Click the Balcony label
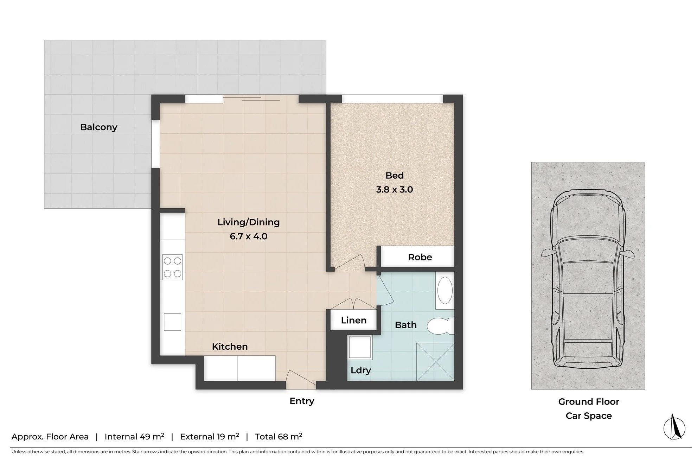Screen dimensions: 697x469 click(x=98, y=127)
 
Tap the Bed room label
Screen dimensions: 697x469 click(x=394, y=175)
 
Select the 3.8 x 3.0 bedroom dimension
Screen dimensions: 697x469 click(x=394, y=190)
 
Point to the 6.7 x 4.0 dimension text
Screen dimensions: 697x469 click(x=248, y=236)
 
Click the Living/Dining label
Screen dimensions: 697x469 click(x=248, y=222)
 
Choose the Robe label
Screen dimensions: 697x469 click(x=420, y=257)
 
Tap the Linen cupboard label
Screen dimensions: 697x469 click(x=353, y=320)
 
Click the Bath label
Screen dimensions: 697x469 click(x=405, y=325)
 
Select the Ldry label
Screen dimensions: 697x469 click(x=361, y=370)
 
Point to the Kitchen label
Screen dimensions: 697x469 click(x=230, y=347)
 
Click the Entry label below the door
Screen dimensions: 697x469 click(x=302, y=401)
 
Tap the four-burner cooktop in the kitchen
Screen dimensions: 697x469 click(x=172, y=267)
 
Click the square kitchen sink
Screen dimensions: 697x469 click(x=172, y=322)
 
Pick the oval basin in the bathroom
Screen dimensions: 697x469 click(x=445, y=291)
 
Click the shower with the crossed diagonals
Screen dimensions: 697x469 click(x=435, y=362)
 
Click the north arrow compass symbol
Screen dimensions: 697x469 click(x=674, y=427)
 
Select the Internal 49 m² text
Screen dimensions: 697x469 click(x=134, y=437)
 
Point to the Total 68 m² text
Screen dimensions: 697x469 click(x=279, y=437)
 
